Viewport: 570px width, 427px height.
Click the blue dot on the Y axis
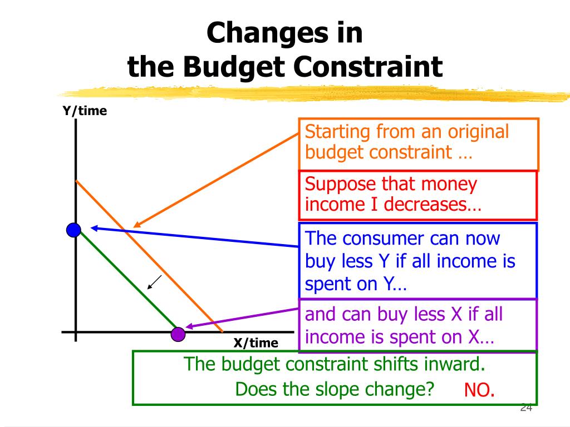tap(74, 229)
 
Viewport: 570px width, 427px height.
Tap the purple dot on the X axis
tap(178, 334)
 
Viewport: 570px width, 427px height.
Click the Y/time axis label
tap(85, 111)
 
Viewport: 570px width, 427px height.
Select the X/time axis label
tap(255, 343)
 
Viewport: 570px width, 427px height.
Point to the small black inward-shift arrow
tap(154, 282)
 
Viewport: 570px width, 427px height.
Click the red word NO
tap(479, 390)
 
